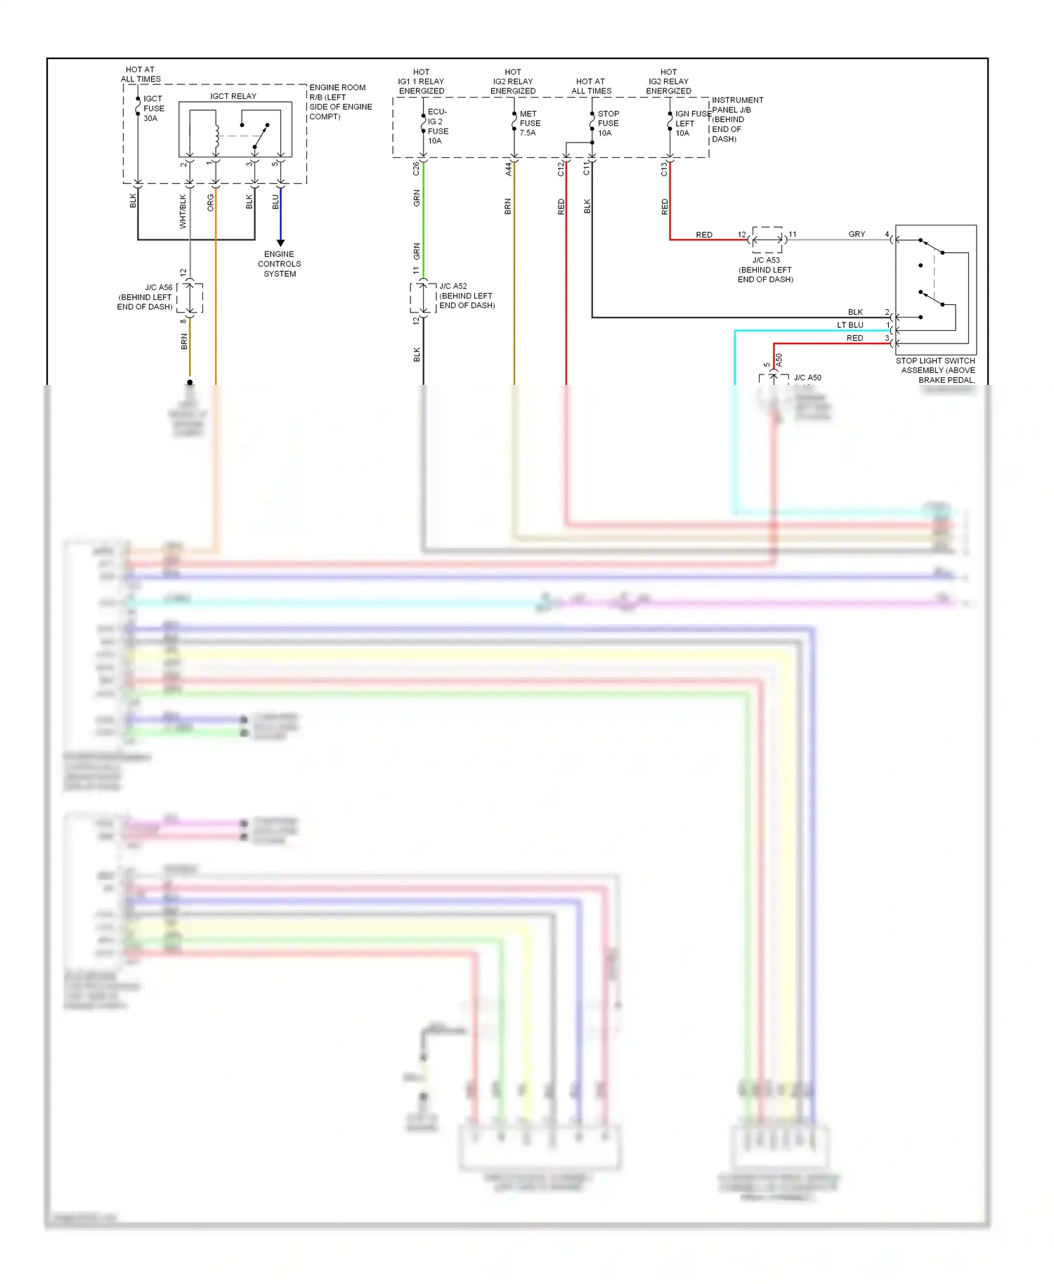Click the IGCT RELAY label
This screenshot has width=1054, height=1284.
point(233,96)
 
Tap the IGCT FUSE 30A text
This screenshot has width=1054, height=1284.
point(154,109)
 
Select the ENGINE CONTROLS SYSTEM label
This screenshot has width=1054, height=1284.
point(279,264)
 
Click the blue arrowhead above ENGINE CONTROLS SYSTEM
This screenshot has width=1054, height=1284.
point(280,243)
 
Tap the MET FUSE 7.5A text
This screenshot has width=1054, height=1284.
point(530,123)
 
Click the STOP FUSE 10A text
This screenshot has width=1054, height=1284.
point(608,123)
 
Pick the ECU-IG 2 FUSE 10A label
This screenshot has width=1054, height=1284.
point(438,126)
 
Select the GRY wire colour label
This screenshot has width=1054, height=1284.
point(857,234)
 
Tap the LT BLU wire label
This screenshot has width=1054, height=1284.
point(850,325)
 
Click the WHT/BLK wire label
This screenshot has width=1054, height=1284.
point(183,211)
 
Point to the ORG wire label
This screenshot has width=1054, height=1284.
point(210,203)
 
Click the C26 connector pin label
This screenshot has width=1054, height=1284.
point(416,169)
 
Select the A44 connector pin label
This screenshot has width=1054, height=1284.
point(507,169)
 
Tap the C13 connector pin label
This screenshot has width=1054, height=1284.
point(663,169)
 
